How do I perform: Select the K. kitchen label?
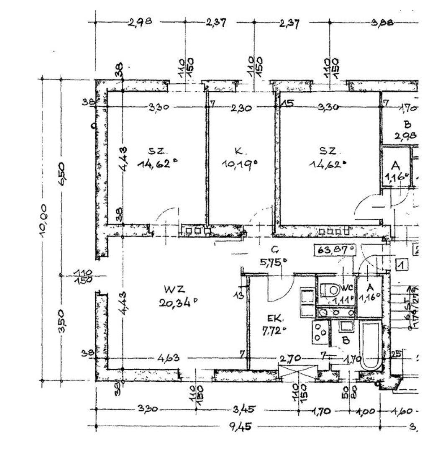click(238, 151)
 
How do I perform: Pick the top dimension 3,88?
click(382, 23)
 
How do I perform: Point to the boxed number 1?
click(402, 265)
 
